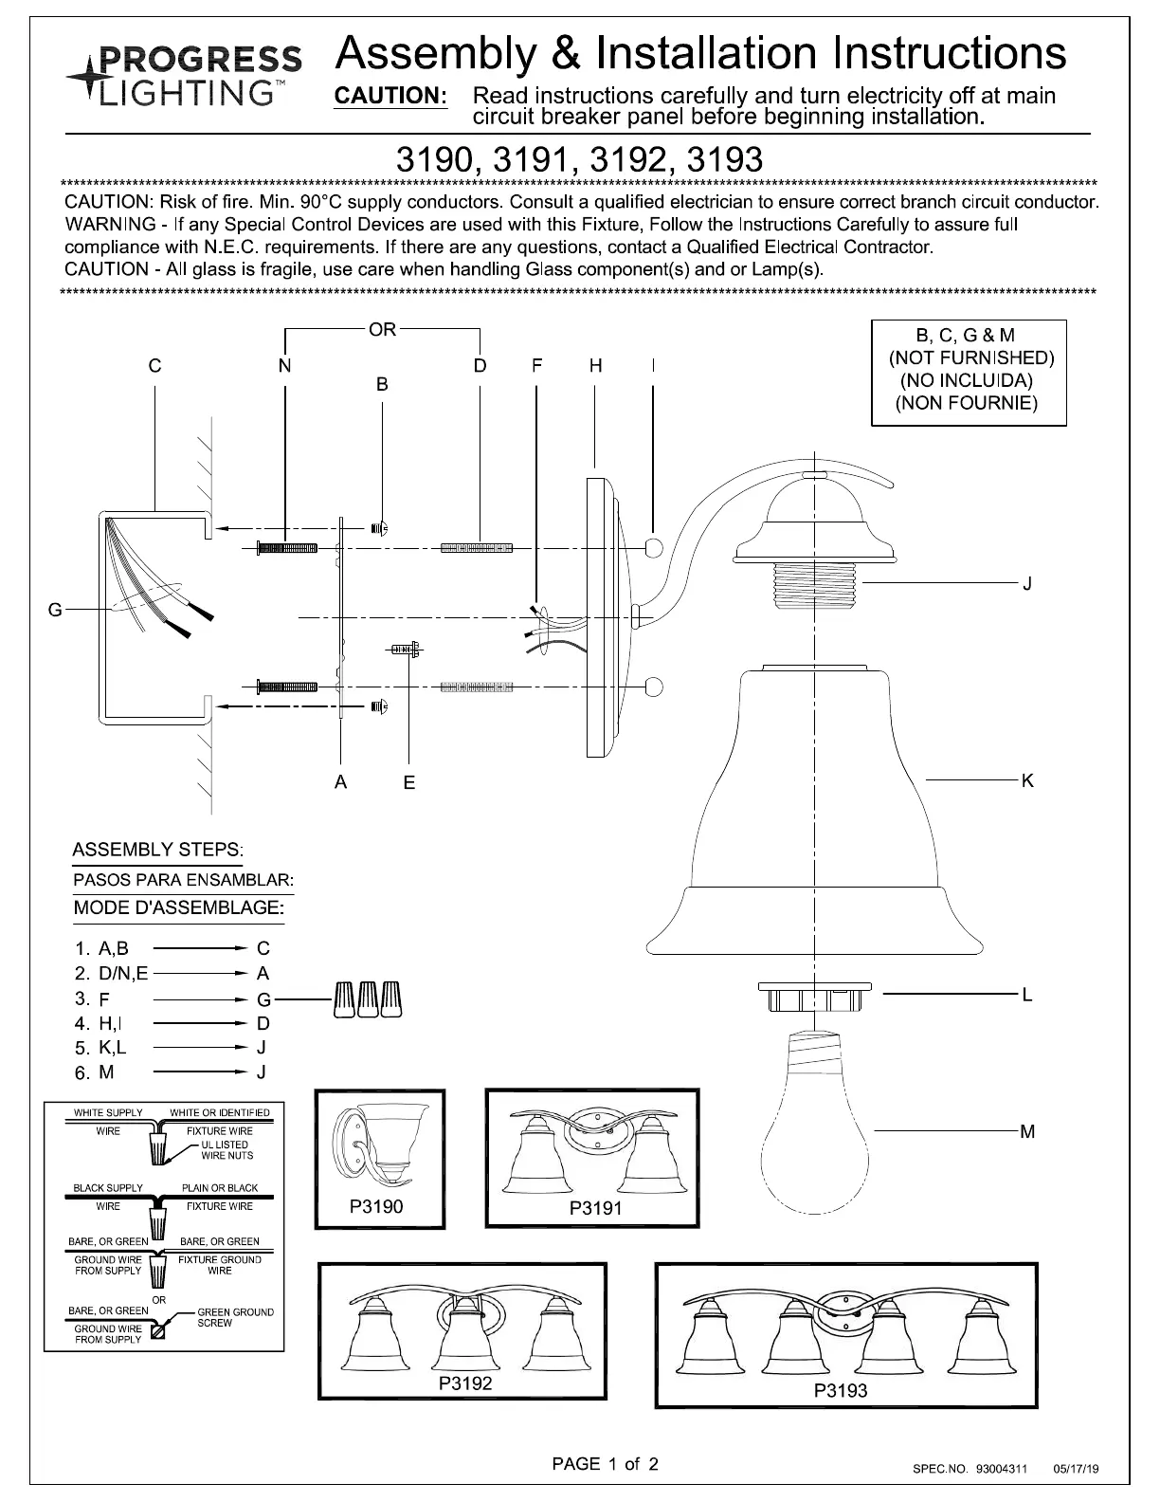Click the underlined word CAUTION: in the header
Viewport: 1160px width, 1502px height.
tap(390, 96)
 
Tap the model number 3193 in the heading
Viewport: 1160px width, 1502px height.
tap(725, 159)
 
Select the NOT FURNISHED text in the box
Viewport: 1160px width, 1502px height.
tap(971, 358)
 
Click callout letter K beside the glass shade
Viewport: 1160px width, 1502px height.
tap(1027, 780)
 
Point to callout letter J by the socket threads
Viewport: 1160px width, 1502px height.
tap(1027, 583)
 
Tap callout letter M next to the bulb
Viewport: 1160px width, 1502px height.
tap(1027, 1131)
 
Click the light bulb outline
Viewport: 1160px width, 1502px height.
tap(814, 1123)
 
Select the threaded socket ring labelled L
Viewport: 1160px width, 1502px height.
tap(814, 996)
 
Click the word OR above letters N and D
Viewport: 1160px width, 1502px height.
tap(383, 330)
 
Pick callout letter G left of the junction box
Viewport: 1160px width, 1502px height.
tap(55, 610)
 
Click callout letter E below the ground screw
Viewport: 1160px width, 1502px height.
tap(409, 782)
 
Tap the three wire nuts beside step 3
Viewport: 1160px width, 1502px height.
tap(368, 998)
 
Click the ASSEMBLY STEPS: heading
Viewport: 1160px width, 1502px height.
tap(158, 850)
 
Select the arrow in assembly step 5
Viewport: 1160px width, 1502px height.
tap(200, 1047)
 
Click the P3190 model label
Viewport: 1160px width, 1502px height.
tap(376, 1206)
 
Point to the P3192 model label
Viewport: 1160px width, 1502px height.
tap(465, 1383)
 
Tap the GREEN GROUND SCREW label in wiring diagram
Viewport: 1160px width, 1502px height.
tap(236, 1317)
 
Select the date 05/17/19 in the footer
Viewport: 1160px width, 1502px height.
tap(1076, 1469)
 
